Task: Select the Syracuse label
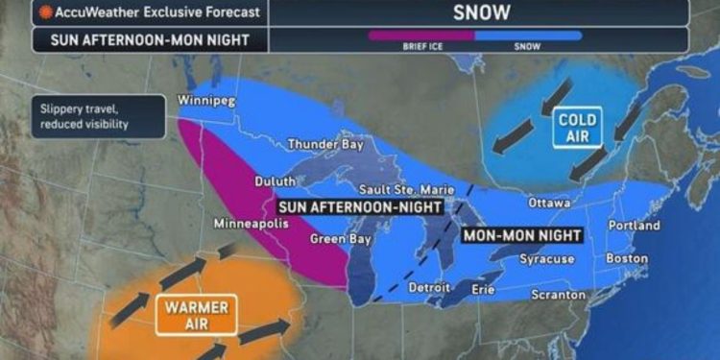[x=546, y=259]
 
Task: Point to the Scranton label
[x=559, y=295]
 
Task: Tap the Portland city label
[x=633, y=226]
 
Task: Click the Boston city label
[x=627, y=259]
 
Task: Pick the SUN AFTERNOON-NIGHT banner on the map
[x=360, y=206]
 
